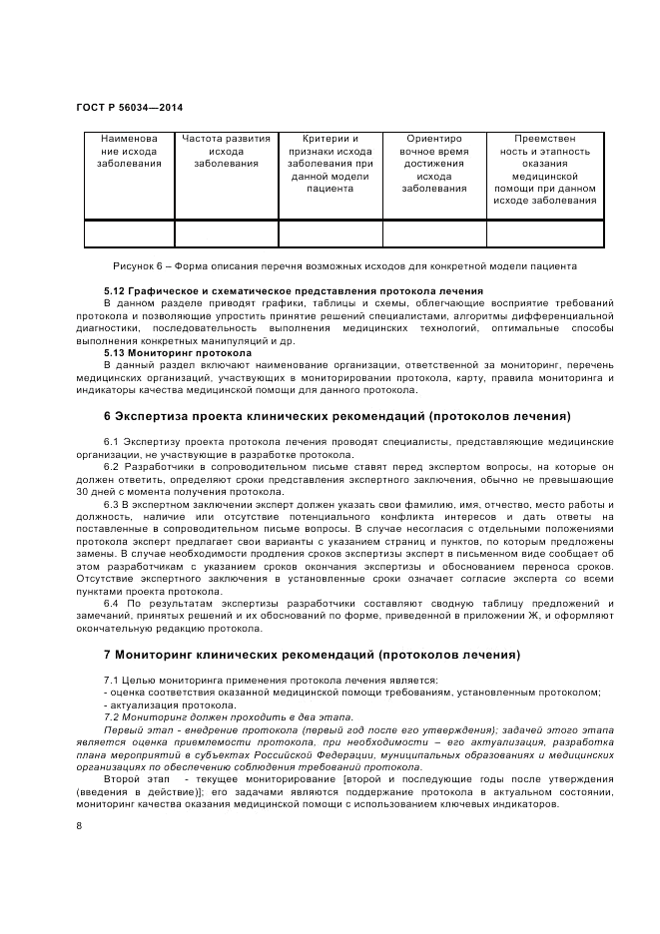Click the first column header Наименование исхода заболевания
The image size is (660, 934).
(129, 151)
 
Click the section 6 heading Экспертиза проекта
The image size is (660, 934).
(337, 415)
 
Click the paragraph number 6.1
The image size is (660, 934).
(112, 441)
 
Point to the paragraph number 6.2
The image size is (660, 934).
(112, 466)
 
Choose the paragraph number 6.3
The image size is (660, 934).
(112, 503)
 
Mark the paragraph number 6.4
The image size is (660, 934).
(112, 604)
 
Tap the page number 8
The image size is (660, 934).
(79, 826)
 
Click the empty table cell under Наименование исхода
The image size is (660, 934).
(129, 233)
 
